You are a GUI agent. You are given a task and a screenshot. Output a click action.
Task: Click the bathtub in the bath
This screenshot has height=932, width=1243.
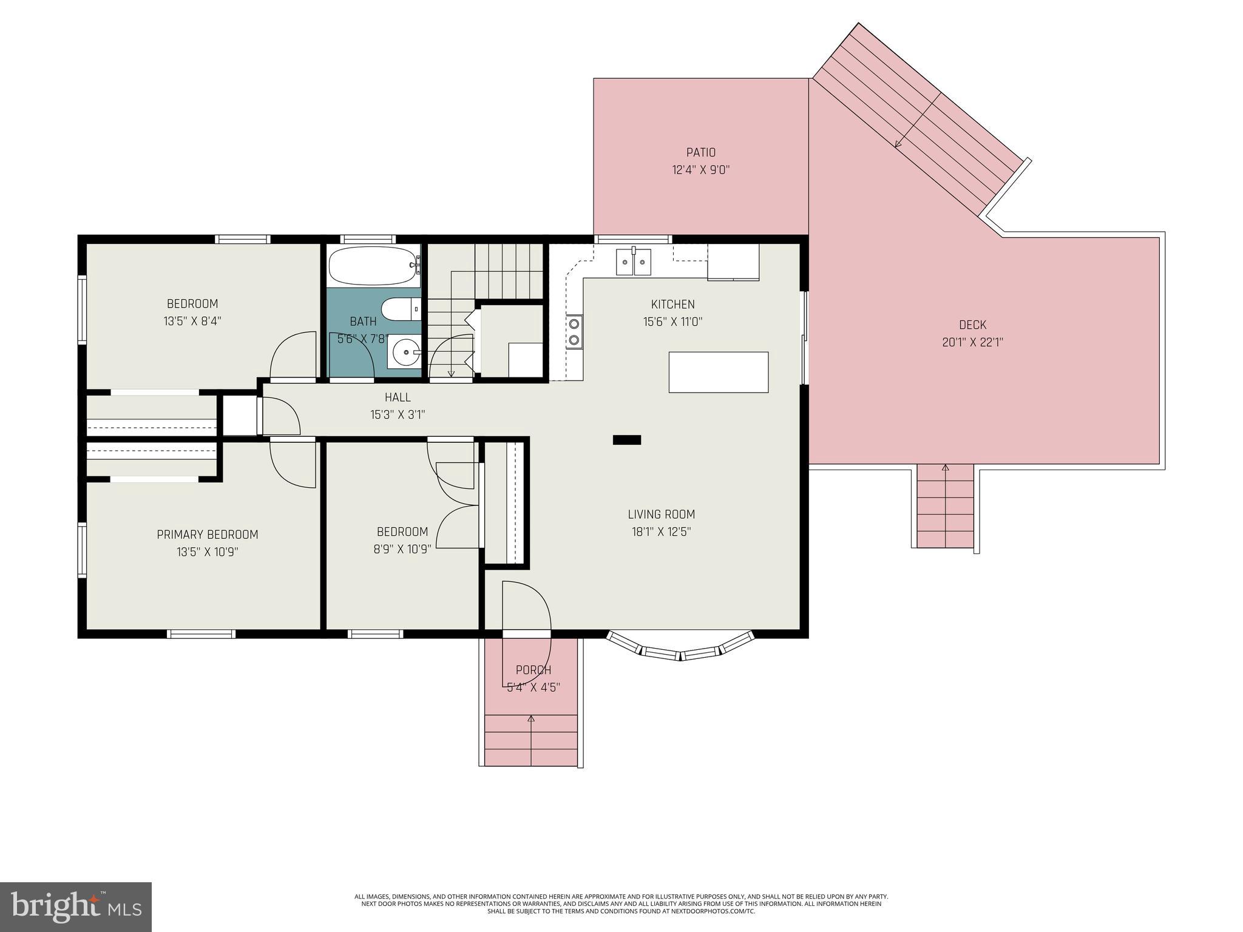coord(373,265)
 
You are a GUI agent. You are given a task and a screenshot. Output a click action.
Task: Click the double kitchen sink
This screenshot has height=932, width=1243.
coord(633,262)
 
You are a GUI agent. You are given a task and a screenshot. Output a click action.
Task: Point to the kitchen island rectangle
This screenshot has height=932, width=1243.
coord(719,372)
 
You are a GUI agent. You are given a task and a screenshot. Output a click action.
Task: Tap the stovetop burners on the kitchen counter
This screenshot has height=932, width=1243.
coord(574,332)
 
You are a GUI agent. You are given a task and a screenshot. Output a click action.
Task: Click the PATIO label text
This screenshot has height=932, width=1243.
coord(701,152)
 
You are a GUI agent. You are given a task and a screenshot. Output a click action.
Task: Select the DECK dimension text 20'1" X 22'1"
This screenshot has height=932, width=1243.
coord(972,342)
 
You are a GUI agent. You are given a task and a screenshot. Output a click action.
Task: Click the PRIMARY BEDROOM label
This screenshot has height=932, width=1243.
coord(208,535)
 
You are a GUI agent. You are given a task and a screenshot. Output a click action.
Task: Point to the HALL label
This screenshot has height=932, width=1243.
coord(398,397)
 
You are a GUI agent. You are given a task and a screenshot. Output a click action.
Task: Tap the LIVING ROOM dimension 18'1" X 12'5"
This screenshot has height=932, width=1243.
coord(661,532)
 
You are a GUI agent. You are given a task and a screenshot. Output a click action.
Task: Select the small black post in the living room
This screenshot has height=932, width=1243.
coord(627,440)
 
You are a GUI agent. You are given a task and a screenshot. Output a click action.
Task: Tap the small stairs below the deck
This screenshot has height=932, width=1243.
coord(945,507)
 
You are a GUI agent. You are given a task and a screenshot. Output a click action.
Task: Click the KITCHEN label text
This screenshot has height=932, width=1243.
coord(672,305)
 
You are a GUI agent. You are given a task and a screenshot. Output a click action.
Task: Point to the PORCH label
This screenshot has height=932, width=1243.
coord(533,670)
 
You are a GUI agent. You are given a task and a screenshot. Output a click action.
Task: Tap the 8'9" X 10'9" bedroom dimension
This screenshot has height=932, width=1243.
coord(402,550)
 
